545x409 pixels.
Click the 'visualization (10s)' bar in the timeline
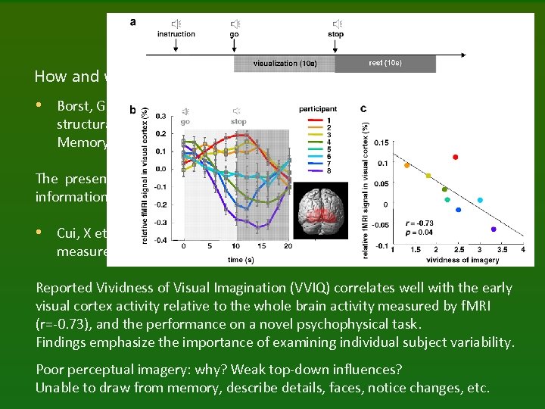pyautogui.click(x=284, y=64)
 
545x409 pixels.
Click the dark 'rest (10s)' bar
pyautogui.click(x=385, y=64)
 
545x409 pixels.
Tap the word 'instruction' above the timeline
pyautogui.click(x=176, y=34)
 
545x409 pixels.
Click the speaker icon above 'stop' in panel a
pyautogui.click(x=336, y=24)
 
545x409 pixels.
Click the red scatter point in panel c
pyautogui.click(x=455, y=158)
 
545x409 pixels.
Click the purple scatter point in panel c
pyautogui.click(x=494, y=229)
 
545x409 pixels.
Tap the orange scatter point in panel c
pyautogui.click(x=407, y=165)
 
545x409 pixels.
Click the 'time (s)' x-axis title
pyautogui.click(x=235, y=259)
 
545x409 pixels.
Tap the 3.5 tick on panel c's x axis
pyautogui.click(x=501, y=250)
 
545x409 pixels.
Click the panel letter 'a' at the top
pyautogui.click(x=133, y=22)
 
